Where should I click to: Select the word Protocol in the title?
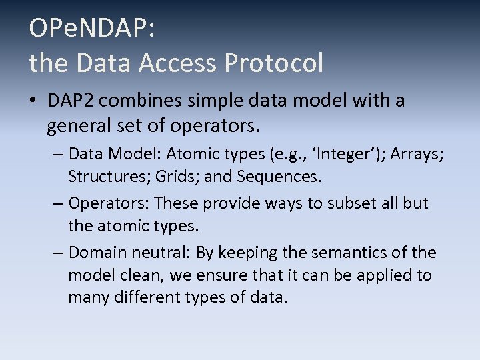[x=274, y=63]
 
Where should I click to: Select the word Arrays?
[x=417, y=155]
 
